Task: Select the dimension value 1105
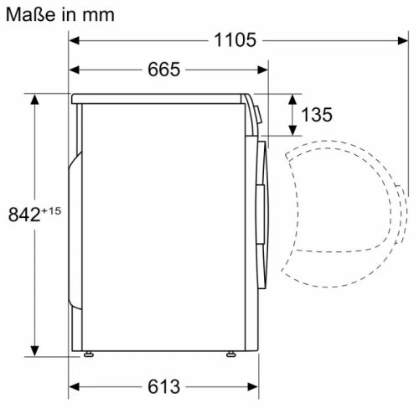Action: coord(235,40)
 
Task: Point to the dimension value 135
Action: coord(316,115)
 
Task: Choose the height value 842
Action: coord(25,215)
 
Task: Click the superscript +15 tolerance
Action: coord(52,209)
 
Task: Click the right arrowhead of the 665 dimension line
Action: coord(263,70)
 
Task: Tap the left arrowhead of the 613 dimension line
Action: coord(74,386)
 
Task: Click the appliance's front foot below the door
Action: coord(229,354)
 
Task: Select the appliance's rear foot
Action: coord(87,354)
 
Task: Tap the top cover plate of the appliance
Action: coord(159,98)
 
